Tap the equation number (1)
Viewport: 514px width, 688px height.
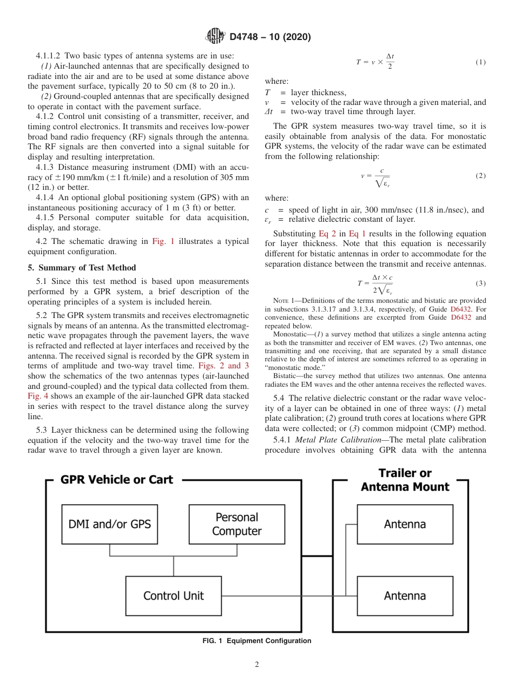(x=480, y=62)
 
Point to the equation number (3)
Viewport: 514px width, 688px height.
(x=480, y=283)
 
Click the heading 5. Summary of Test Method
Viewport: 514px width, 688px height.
(x=82, y=268)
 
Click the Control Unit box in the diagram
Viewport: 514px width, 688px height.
(x=173, y=596)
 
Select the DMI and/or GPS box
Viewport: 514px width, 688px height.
(x=110, y=524)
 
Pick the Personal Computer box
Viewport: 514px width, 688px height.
(x=236, y=524)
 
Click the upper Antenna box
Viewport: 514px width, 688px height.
(x=405, y=524)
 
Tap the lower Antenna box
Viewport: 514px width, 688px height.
(x=405, y=596)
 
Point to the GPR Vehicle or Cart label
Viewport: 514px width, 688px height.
(x=116, y=480)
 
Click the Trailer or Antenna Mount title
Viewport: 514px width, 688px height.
(x=405, y=480)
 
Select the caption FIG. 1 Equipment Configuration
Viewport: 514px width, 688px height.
(x=257, y=641)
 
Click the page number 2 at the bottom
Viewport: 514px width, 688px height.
(x=257, y=665)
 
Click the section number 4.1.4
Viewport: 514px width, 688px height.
(x=47, y=197)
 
